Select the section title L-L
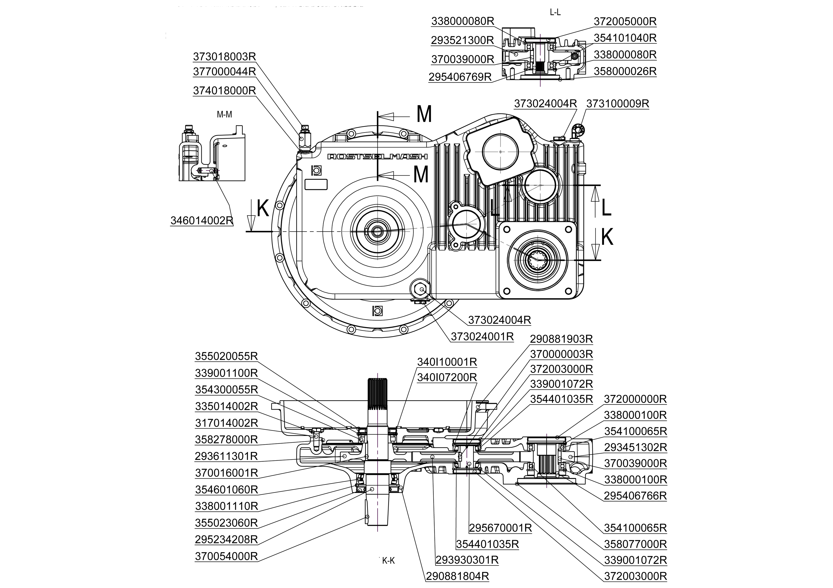[555, 12]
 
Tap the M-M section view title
[224, 115]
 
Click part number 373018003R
[224, 57]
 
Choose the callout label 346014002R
[202, 221]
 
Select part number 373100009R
[617, 104]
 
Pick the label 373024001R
[482, 337]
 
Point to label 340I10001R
[447, 362]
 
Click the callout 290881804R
[457, 576]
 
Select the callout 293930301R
[467, 560]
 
